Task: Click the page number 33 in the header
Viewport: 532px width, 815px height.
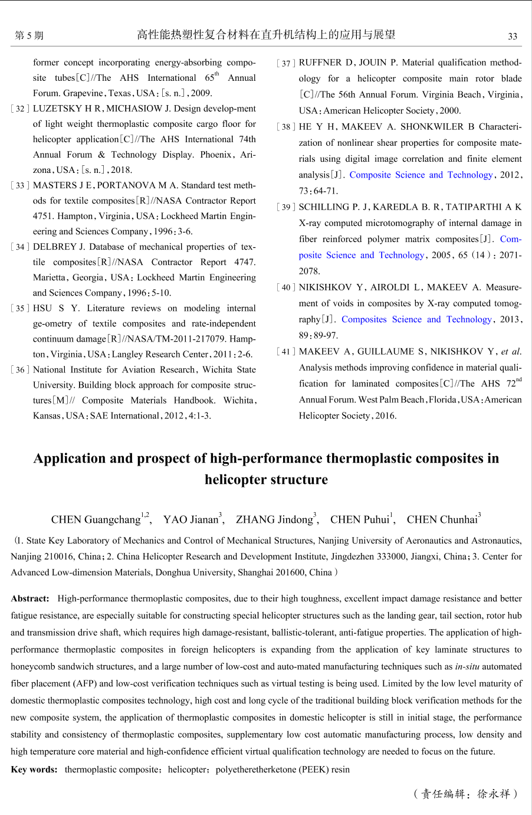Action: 513,36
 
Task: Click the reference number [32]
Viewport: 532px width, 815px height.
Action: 20,109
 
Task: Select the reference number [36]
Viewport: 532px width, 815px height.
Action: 20,370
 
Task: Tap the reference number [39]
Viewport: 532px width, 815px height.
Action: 286,207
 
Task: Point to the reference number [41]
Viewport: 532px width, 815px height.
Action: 286,352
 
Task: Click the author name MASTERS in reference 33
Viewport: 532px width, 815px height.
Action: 55,185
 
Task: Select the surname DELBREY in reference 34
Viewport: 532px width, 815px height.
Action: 55,247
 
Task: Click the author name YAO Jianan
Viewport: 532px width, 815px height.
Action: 191,520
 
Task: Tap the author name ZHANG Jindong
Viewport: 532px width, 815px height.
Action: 274,520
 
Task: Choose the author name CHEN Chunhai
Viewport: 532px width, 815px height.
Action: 442,520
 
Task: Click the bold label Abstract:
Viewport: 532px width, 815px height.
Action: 30,598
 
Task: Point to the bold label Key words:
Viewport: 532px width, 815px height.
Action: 34,770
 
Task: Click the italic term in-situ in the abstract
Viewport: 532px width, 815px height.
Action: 467,667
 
